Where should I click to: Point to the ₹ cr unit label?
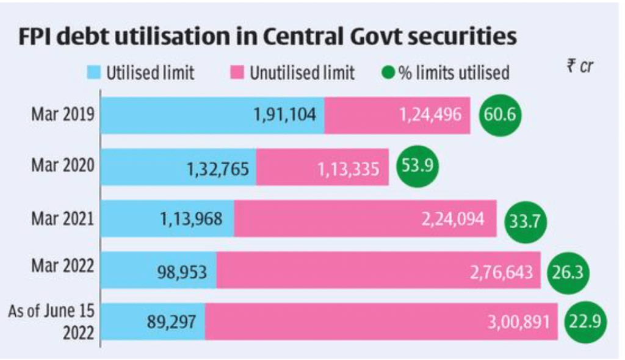point(579,67)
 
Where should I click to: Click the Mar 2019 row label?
point(63,115)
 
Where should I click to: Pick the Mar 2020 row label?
point(63,166)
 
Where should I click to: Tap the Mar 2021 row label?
point(63,218)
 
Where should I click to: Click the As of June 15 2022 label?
point(52,321)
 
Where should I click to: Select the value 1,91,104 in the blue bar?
point(285,115)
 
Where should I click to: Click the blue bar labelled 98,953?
point(158,269)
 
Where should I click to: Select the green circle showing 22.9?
point(585,322)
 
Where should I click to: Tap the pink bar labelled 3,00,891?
point(381,321)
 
